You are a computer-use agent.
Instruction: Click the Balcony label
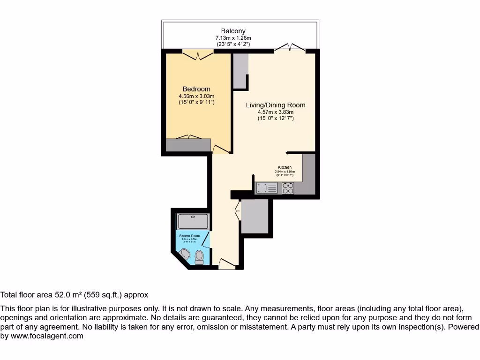(x=233, y=31)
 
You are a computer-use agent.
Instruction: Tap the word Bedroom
(x=196, y=89)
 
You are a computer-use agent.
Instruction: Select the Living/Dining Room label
(x=276, y=105)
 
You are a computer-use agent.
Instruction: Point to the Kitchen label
(x=285, y=167)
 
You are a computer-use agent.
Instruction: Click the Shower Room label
(x=189, y=236)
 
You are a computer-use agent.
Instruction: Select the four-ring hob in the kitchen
(x=288, y=188)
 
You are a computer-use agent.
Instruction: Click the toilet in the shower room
(x=199, y=257)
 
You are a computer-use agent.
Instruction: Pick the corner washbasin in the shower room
(x=185, y=255)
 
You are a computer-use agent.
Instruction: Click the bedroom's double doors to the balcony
(x=197, y=54)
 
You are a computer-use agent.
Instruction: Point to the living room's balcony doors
(x=290, y=47)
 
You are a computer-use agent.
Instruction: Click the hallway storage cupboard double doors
(x=238, y=210)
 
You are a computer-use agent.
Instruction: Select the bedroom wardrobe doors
(x=188, y=137)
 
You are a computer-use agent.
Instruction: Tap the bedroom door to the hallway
(x=221, y=150)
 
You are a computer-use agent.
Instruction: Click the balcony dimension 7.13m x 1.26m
(x=233, y=38)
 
